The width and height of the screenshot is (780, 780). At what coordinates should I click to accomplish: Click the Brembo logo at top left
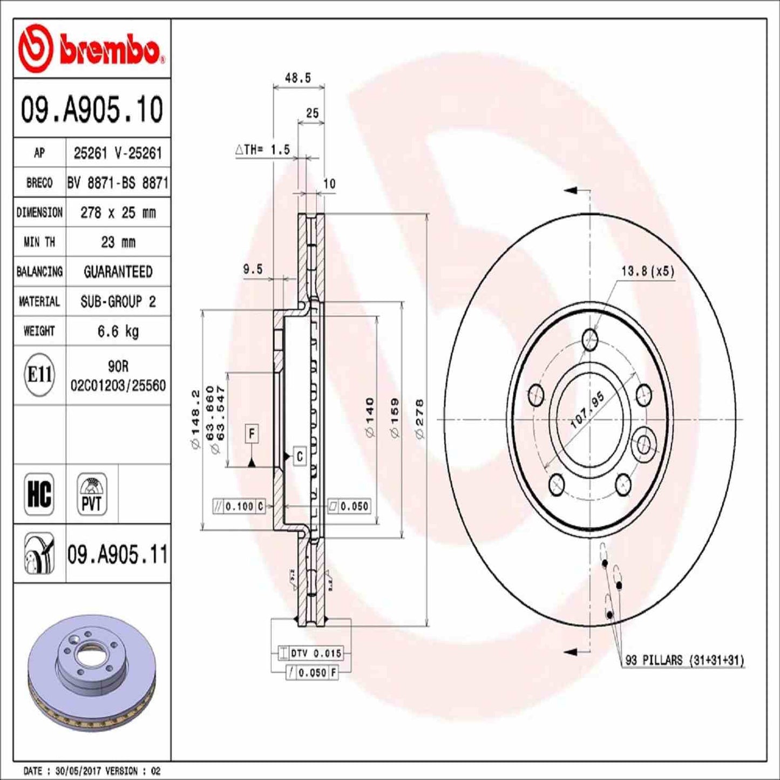[x=91, y=49]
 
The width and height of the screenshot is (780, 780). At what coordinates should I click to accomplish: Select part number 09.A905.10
[x=92, y=110]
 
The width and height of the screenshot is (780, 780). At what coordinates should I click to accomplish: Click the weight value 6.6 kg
[x=118, y=331]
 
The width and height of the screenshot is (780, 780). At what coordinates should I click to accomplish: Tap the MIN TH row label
[x=39, y=242]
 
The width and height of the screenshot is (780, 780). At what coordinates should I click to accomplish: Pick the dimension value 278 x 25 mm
[x=118, y=213]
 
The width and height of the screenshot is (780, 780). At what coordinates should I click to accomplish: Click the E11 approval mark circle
[x=39, y=375]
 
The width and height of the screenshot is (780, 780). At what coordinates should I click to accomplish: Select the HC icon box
[x=39, y=493]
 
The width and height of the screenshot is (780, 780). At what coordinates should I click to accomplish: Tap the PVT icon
[x=92, y=493]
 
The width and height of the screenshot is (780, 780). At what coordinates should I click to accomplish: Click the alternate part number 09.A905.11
[x=118, y=554]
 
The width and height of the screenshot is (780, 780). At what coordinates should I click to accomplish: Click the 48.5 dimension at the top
[x=298, y=78]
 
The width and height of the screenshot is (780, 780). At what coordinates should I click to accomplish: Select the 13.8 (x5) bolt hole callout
[x=647, y=271]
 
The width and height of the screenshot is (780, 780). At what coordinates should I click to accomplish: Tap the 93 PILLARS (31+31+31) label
[x=684, y=660]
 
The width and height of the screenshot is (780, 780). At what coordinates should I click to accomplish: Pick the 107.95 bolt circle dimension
[x=587, y=411]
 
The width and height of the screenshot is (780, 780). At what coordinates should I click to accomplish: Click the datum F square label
[x=252, y=433]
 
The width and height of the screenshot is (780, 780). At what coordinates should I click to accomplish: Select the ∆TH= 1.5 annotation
[x=263, y=150]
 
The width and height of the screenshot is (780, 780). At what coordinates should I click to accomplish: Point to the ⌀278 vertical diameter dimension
[x=419, y=418]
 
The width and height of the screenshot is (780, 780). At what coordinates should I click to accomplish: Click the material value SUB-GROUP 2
[x=118, y=301]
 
